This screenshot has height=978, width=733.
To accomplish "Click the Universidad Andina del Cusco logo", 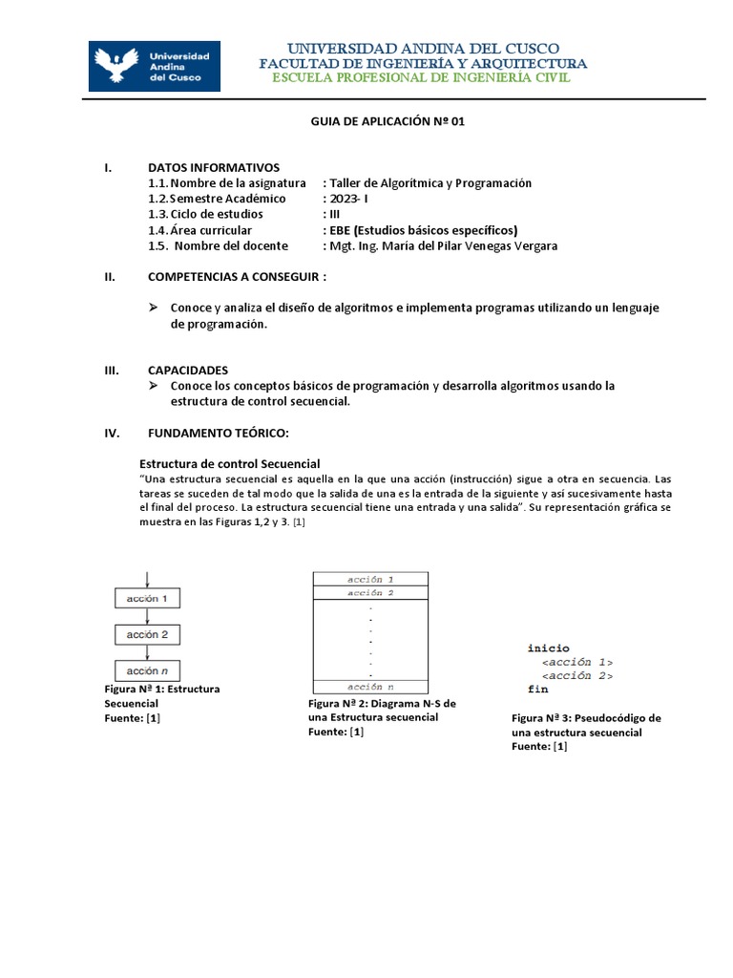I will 155,66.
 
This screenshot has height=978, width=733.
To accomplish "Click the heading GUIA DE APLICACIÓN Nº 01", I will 388,122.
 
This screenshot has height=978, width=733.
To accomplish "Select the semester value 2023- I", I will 347,199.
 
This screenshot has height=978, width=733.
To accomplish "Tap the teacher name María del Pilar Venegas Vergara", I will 444,245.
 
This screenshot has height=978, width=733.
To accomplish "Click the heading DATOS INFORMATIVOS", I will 214,167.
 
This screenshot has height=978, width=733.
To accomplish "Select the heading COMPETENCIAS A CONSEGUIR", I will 237,277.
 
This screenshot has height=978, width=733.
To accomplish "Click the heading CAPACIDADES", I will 188,370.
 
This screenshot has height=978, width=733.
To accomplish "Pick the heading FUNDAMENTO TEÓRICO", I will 218,433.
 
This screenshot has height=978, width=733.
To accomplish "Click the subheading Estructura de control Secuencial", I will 230,463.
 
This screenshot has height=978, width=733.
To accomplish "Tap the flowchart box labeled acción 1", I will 147,599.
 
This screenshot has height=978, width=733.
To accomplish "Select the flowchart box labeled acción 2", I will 147,634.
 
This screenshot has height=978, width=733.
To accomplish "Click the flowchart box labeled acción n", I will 147,670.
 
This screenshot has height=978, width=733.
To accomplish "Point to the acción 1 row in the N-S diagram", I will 370,579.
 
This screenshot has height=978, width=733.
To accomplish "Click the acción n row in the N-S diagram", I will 370,687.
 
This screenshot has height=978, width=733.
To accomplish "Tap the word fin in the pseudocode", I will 537,689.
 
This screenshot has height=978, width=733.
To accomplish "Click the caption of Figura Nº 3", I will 586,732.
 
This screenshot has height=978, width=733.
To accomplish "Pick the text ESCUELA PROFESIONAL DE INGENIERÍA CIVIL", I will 421,77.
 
